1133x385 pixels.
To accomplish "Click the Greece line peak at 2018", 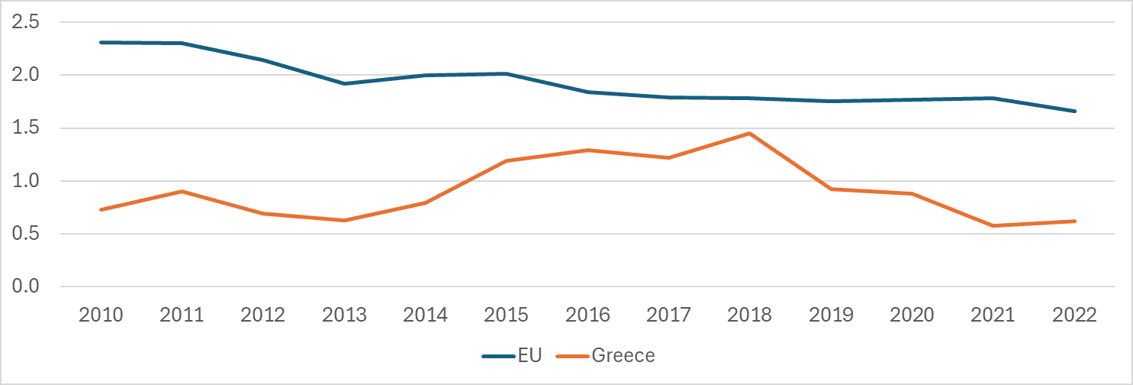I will tap(750, 134).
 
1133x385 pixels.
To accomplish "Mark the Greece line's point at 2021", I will tap(994, 225).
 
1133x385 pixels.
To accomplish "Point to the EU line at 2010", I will tap(101, 42).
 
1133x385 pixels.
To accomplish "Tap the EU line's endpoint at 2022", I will tap(1075, 111).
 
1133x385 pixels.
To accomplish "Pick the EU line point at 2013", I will tap(344, 83).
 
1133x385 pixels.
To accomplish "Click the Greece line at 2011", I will tap(182, 191).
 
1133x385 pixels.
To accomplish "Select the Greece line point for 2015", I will tap(507, 160).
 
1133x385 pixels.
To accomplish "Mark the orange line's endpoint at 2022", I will tap(1075, 221).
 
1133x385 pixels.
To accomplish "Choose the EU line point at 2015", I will tap(507, 73).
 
